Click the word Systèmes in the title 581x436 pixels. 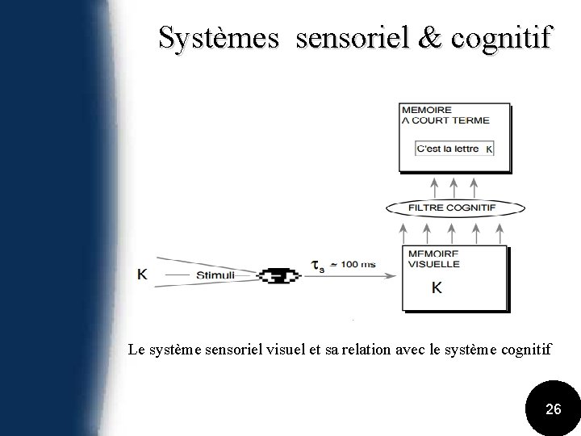(x=220, y=37)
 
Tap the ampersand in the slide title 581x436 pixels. (x=397, y=37)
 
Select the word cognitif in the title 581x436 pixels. (x=483, y=39)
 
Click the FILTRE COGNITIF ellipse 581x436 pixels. (x=453, y=208)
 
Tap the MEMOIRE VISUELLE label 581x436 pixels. (x=435, y=258)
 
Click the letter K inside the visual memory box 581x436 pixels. (x=437, y=287)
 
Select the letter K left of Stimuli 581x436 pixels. (x=142, y=275)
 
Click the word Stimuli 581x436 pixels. (x=215, y=275)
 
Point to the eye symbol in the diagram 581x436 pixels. (x=278, y=275)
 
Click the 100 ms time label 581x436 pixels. (x=357, y=264)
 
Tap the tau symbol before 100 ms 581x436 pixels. (x=319, y=265)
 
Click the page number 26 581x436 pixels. (x=554, y=409)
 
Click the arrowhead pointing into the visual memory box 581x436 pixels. (x=395, y=275)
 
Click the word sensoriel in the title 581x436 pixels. (x=341, y=37)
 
